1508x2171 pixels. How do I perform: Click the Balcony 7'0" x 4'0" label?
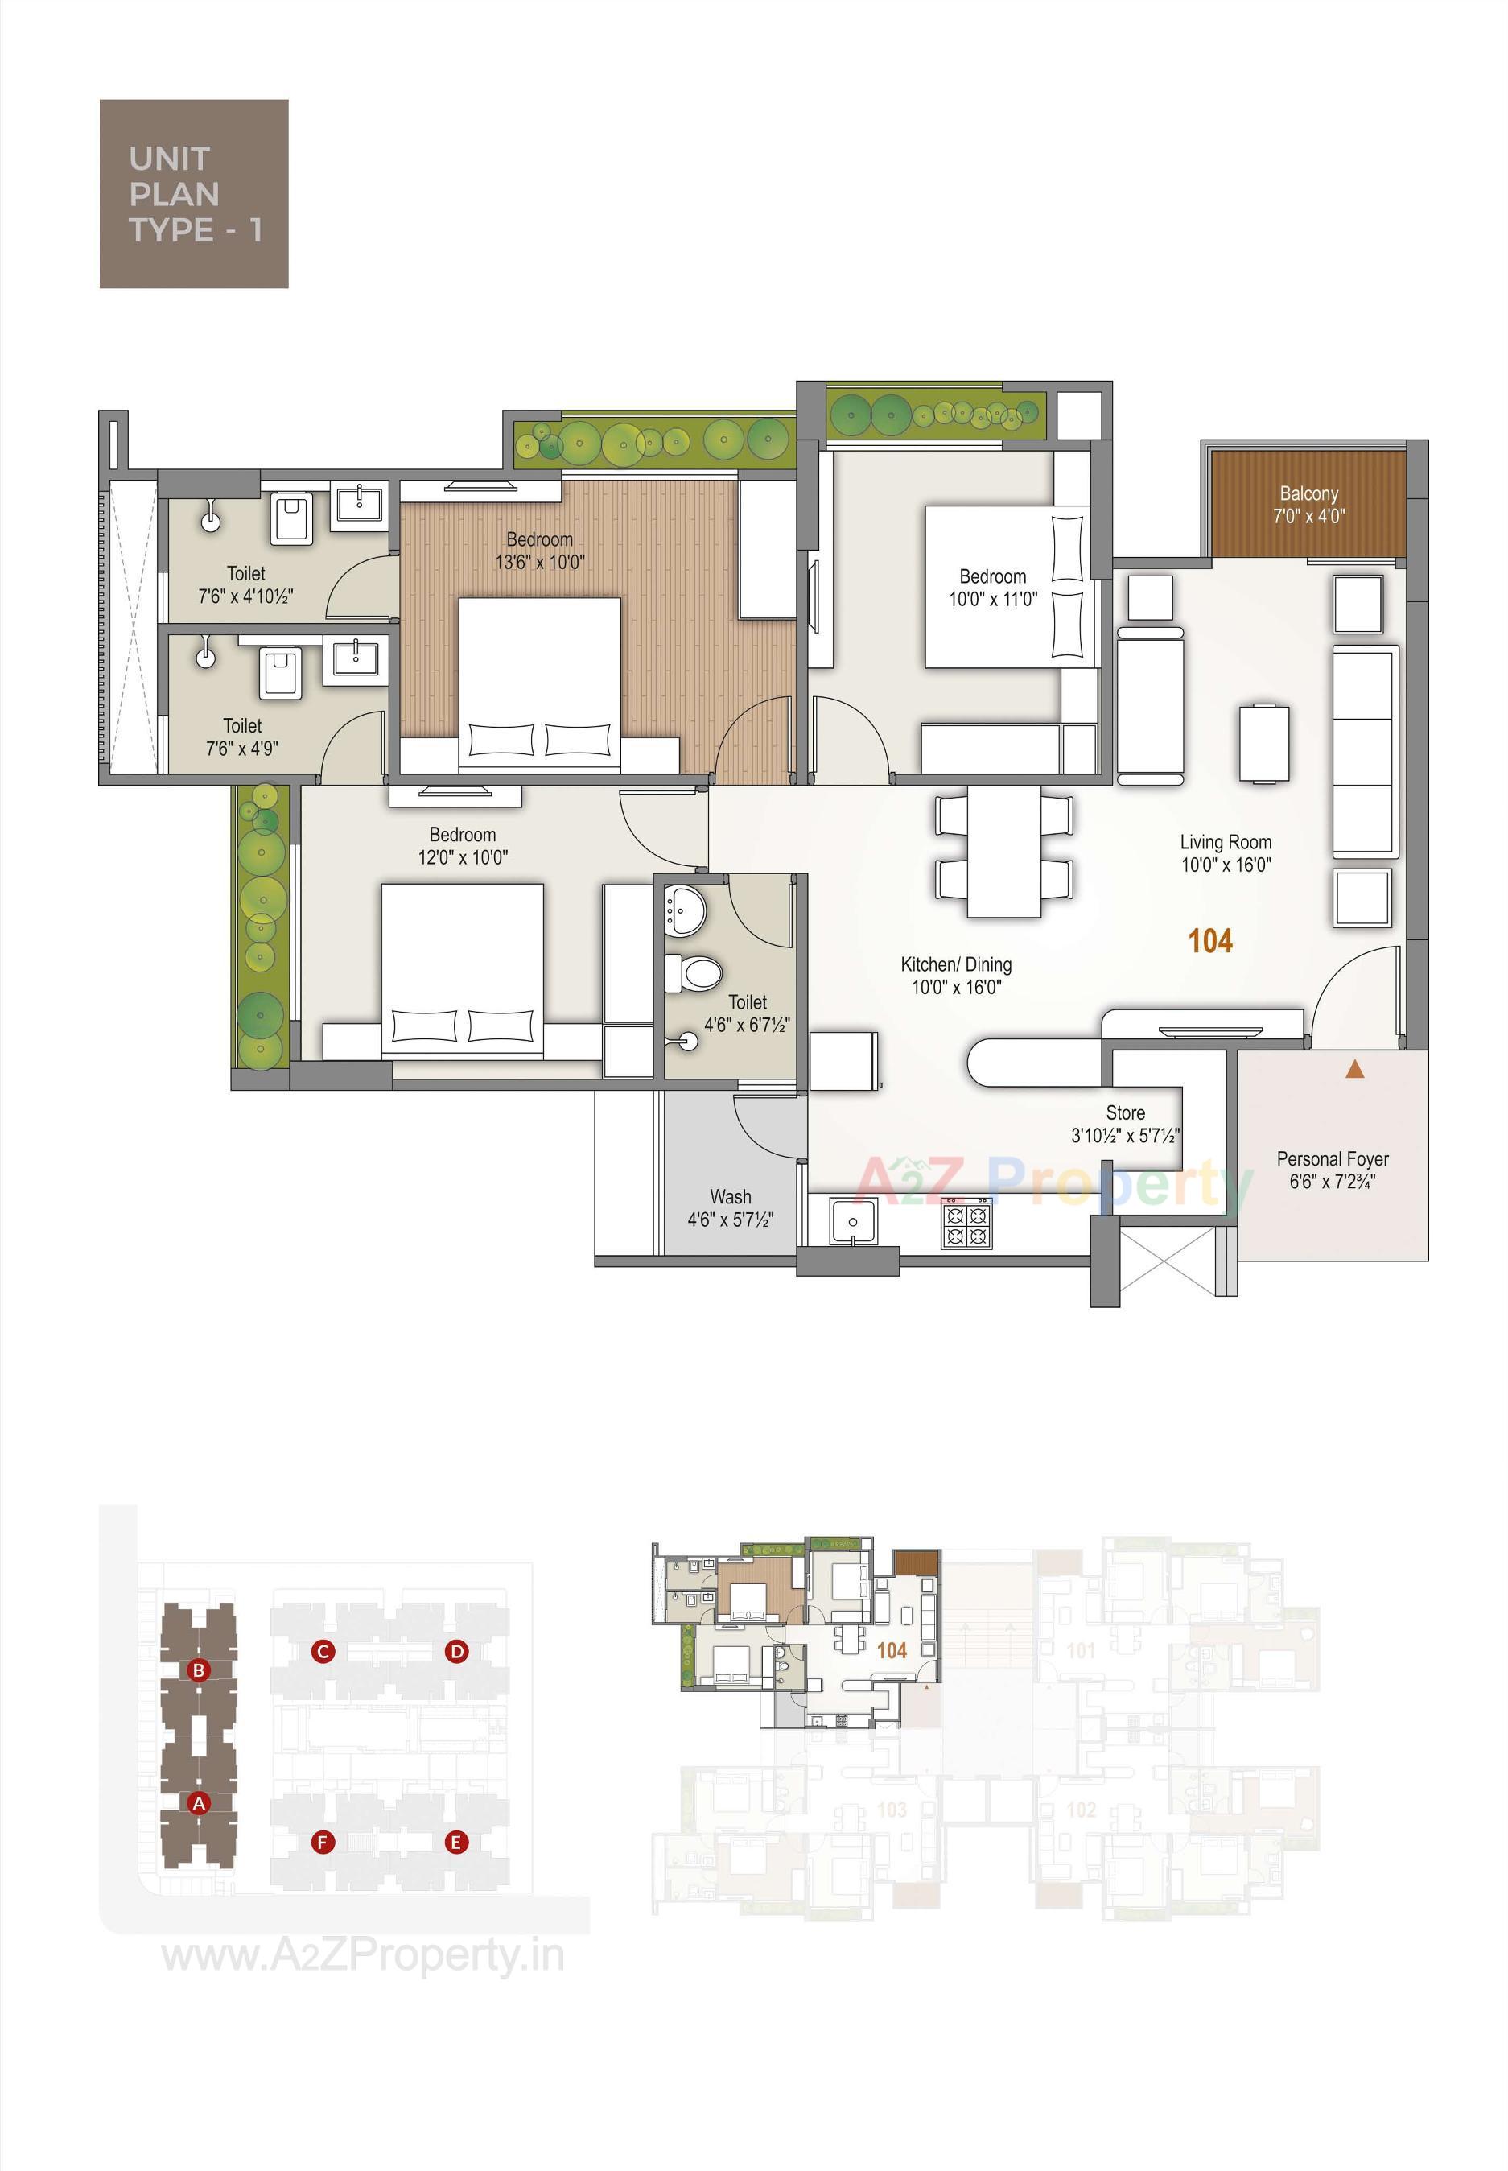1308,505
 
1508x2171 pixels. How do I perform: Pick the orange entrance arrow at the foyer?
1355,1069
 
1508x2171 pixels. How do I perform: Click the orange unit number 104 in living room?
1210,940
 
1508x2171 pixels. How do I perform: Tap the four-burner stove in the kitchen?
966,1224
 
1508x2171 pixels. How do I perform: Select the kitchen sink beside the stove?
853,1221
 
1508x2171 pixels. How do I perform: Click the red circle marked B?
199,1670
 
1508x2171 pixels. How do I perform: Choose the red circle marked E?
456,1842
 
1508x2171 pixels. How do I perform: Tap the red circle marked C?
323,1651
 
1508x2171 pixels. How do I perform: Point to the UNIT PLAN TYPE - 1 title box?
194,194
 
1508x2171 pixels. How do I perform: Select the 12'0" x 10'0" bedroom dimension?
463,857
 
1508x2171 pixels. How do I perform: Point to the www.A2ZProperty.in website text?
363,1955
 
